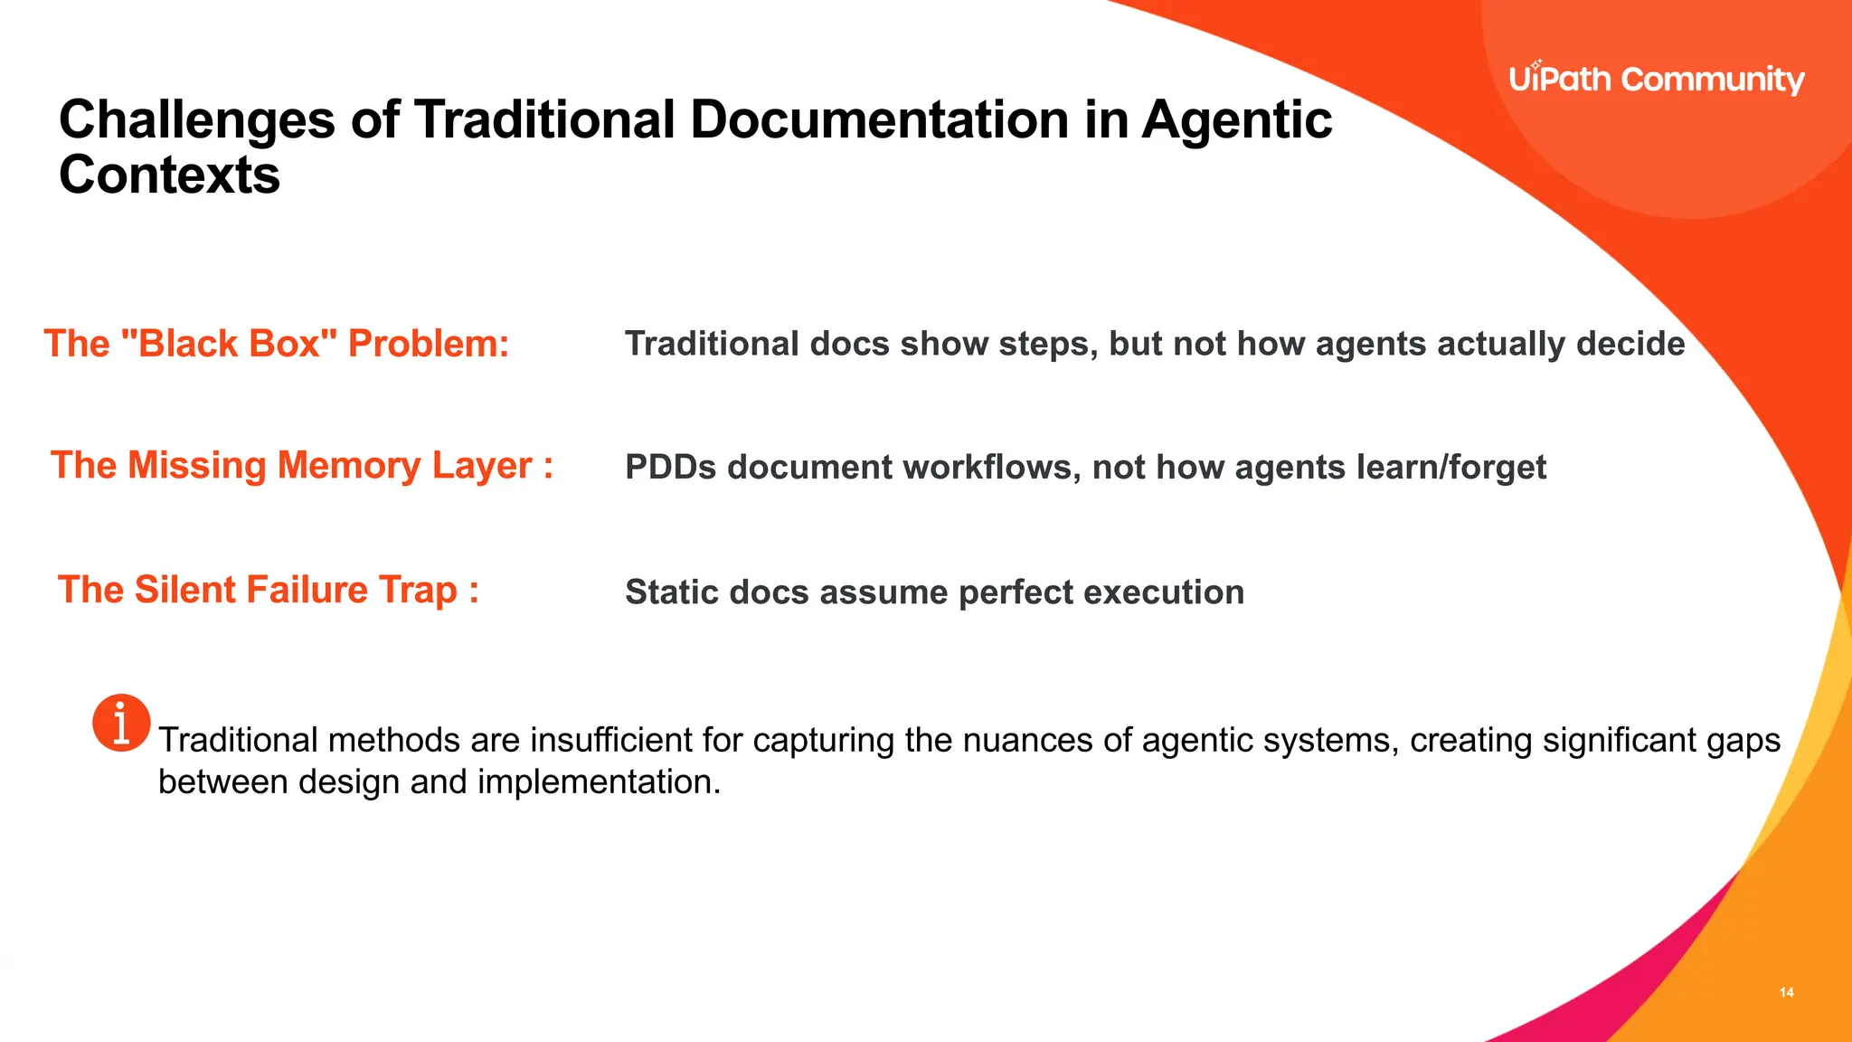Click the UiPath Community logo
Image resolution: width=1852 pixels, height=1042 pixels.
[x=1656, y=80]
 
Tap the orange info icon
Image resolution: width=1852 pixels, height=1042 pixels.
[x=121, y=723]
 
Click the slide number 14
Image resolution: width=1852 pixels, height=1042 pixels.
[x=1786, y=992]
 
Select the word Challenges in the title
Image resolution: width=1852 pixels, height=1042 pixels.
[x=197, y=119]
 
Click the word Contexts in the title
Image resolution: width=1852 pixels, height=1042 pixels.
[x=169, y=175]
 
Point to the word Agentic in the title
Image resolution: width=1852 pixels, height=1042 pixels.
[x=1236, y=119]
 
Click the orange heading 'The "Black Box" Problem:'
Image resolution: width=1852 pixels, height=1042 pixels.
[x=277, y=344]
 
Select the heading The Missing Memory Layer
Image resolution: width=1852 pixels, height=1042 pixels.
[x=301, y=466]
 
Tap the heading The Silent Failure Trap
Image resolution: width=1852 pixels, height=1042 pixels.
[x=268, y=590]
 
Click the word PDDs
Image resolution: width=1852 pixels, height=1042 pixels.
[x=670, y=468]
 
